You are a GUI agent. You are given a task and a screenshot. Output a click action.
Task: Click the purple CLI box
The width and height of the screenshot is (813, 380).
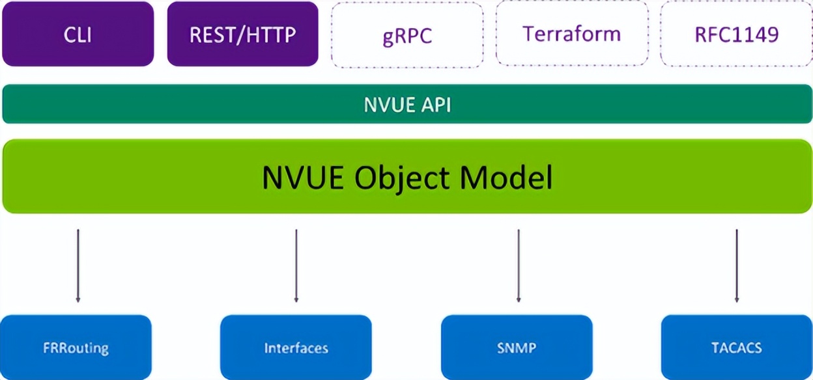78,34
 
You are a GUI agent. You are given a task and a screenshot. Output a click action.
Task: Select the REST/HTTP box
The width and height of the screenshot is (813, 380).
242,34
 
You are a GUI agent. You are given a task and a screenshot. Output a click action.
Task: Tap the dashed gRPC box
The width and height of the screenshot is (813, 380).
407,34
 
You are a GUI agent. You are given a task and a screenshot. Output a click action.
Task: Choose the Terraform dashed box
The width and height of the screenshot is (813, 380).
572,34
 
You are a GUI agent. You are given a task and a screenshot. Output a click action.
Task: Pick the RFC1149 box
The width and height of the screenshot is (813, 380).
736,34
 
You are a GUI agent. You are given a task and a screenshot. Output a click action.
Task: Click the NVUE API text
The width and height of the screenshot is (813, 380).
406,104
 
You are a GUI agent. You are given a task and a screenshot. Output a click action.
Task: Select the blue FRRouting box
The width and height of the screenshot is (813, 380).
77,347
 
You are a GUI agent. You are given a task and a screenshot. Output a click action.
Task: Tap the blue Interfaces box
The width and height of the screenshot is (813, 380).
296,347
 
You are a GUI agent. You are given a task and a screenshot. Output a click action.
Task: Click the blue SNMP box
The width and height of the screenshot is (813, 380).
517,347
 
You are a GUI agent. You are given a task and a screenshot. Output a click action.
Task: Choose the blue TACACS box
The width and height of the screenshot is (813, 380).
736,347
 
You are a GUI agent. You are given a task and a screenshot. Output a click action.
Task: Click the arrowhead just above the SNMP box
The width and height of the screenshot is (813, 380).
519,299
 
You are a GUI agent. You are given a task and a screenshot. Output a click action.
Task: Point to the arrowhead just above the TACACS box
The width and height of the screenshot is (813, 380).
737,299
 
